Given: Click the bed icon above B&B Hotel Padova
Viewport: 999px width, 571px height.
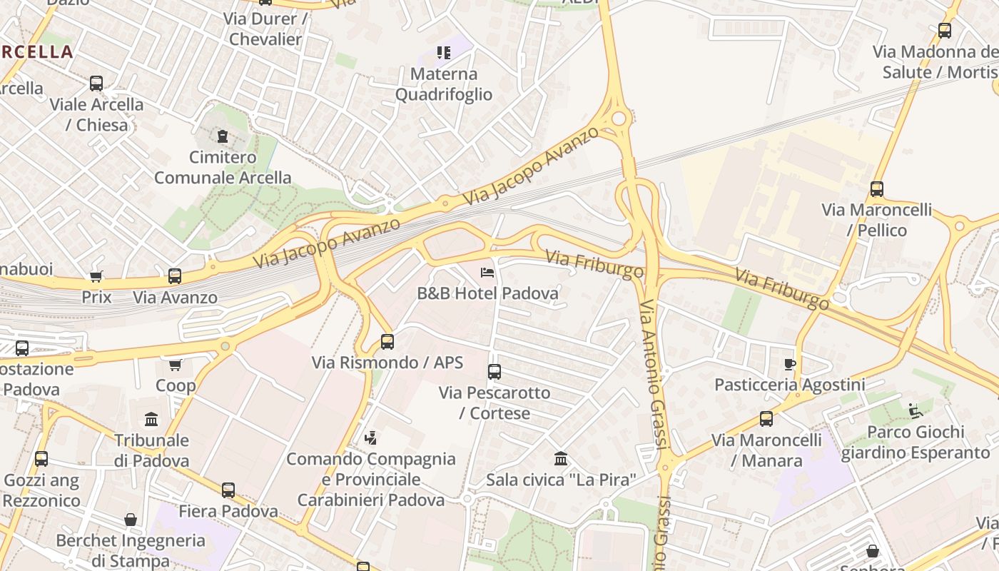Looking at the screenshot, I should (x=487, y=273).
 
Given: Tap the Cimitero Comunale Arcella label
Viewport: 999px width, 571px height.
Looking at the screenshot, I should (x=223, y=167).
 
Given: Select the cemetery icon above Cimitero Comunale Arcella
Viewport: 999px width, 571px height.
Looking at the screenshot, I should (x=223, y=136).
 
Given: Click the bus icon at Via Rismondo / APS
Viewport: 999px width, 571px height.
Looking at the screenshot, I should (x=387, y=342).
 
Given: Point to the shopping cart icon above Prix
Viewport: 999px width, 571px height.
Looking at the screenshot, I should (x=96, y=276).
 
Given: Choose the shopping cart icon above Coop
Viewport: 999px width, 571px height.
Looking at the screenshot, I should (x=176, y=365).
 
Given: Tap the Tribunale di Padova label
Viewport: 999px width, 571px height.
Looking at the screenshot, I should (x=152, y=450).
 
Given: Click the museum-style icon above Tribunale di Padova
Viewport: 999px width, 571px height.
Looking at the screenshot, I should (x=151, y=419).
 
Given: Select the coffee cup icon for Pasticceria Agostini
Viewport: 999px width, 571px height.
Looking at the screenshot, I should (x=789, y=364).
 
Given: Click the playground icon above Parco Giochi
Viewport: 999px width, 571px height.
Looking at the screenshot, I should (x=916, y=410).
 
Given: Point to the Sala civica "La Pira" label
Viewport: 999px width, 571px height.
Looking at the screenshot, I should (x=560, y=480).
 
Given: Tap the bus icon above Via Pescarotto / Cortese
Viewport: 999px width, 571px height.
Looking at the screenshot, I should (x=495, y=372).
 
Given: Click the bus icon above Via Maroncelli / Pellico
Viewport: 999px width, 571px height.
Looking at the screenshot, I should (x=877, y=189).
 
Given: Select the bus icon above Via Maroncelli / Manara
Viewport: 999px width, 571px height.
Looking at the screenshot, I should (x=766, y=419).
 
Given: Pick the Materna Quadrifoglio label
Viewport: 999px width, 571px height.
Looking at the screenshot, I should (x=444, y=84).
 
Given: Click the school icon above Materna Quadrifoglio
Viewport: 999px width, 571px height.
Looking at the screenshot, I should (x=444, y=53).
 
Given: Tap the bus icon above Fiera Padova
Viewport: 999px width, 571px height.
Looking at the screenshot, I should (x=228, y=490).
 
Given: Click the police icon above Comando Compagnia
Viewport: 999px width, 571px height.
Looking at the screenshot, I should (x=370, y=438).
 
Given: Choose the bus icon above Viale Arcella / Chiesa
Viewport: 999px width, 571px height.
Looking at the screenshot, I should (x=96, y=84).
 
